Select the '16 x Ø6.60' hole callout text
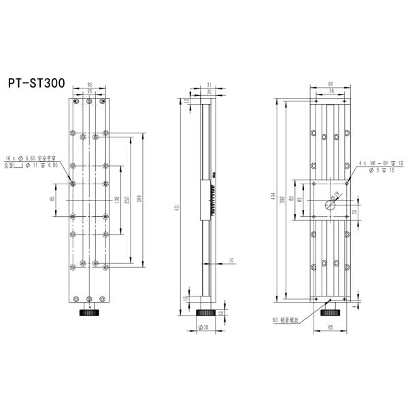point(32,157)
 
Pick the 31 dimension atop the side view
point(209,85)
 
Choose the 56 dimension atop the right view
point(332,91)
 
